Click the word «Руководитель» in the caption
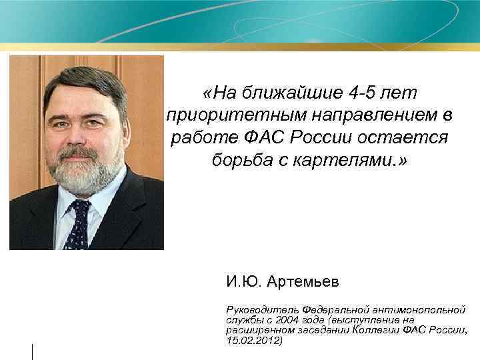pos(263,311)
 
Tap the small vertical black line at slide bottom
pos(32,351)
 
